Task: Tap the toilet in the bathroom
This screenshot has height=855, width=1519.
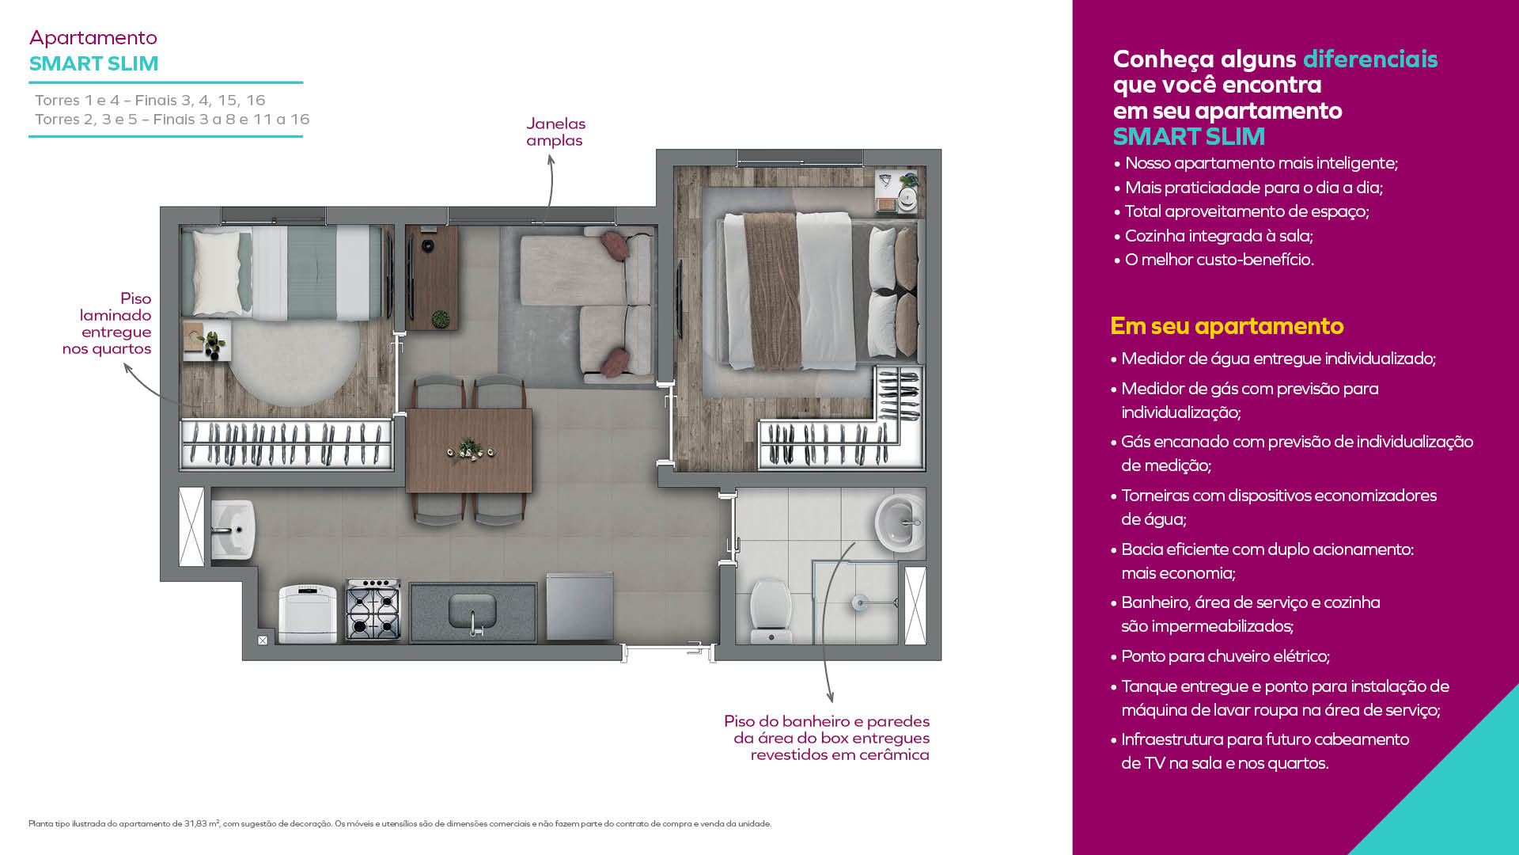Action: (770, 612)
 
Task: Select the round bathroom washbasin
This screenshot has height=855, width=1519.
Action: (900, 522)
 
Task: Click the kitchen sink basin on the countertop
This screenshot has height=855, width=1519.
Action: (472, 610)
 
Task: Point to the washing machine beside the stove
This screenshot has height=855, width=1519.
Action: (308, 614)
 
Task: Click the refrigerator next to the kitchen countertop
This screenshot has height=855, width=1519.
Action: (579, 606)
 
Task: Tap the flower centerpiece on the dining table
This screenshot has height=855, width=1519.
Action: (471, 450)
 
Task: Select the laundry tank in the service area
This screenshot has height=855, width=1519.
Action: (232, 529)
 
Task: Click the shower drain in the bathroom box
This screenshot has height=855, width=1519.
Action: (860, 603)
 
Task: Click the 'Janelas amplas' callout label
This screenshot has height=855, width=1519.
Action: (555, 132)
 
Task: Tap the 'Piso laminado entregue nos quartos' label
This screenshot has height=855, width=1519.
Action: (107, 323)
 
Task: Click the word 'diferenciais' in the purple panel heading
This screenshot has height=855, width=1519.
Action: (1370, 59)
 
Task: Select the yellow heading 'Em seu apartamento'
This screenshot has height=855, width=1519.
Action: (1226, 325)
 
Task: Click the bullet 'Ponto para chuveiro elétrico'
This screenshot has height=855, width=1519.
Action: (1225, 656)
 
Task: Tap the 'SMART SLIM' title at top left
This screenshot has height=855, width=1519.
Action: (94, 63)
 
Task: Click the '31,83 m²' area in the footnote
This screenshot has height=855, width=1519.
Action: (202, 823)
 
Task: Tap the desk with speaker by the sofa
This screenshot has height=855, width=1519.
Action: (431, 277)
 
